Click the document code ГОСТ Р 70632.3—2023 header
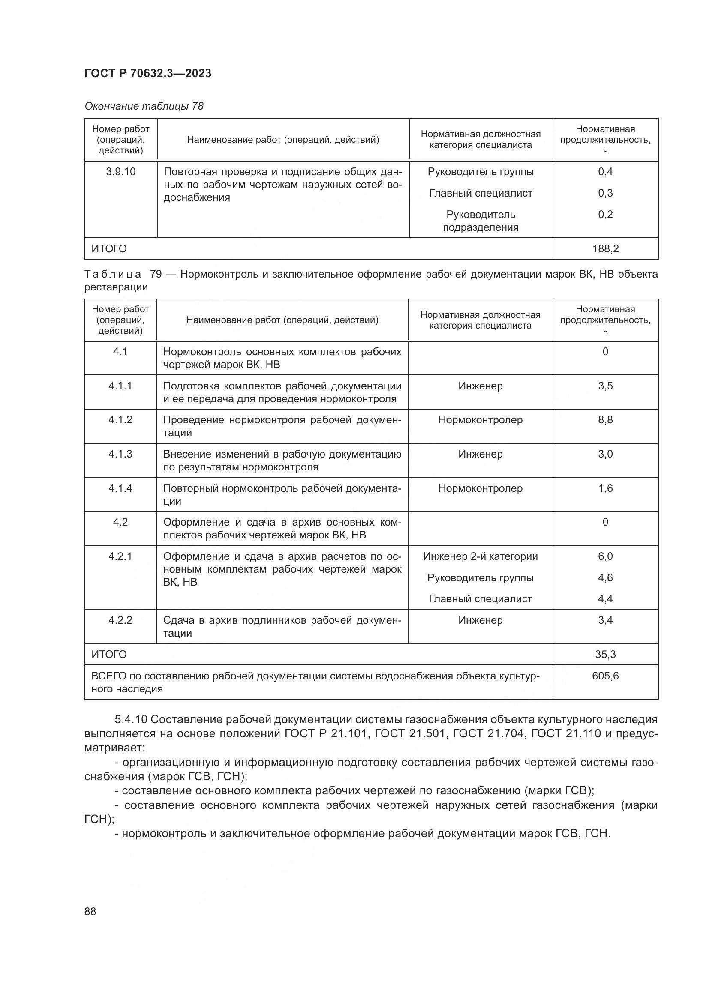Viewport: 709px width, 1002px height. (x=147, y=73)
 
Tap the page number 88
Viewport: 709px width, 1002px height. (x=90, y=911)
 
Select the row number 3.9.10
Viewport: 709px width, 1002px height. (x=120, y=172)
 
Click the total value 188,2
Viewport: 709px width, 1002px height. (x=605, y=249)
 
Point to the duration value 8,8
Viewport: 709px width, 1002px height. (x=605, y=420)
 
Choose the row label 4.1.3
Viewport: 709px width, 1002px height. (x=120, y=454)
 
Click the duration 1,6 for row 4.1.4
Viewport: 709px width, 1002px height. (x=605, y=488)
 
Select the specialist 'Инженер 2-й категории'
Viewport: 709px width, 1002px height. (x=480, y=556)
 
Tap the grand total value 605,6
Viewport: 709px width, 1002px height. (x=605, y=676)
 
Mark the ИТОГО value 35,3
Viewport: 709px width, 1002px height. (x=605, y=655)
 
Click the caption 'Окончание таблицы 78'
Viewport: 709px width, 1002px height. (x=144, y=106)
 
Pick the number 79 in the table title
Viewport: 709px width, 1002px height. (x=156, y=274)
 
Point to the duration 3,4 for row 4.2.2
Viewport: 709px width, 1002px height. (x=605, y=620)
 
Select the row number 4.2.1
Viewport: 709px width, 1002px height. (x=120, y=556)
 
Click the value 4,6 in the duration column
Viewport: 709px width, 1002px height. (x=605, y=578)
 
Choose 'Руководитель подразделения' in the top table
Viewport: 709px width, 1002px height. (x=480, y=221)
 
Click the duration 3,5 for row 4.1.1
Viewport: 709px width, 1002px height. (x=605, y=386)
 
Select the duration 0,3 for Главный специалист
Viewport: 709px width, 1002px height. (x=605, y=193)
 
